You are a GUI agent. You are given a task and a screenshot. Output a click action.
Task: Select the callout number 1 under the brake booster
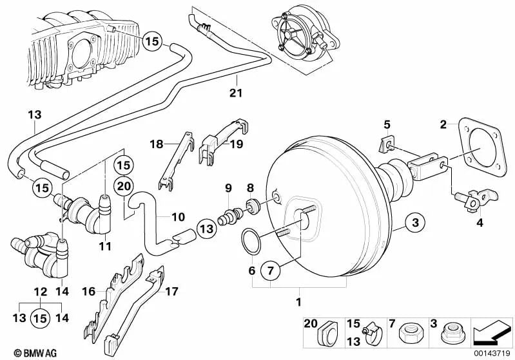(297, 301)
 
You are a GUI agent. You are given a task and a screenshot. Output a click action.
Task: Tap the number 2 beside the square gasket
(443, 123)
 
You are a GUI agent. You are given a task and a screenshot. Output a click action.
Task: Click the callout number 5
(387, 124)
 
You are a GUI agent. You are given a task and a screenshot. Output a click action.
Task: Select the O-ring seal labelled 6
(251, 241)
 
